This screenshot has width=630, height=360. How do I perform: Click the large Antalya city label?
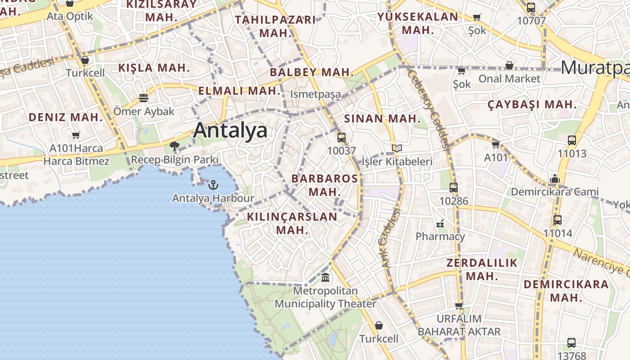230,130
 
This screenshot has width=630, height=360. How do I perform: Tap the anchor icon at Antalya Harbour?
213,184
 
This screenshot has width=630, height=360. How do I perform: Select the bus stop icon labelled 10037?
342,138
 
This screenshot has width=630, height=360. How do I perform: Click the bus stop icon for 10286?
454,188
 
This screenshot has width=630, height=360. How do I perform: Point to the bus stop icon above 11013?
572,140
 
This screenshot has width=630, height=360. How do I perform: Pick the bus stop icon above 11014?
558,220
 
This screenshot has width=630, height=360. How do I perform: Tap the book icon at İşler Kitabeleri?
396,148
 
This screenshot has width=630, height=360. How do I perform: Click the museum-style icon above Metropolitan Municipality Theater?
325,277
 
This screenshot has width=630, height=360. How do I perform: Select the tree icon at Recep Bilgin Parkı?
175,146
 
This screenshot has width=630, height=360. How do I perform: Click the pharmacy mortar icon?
440,223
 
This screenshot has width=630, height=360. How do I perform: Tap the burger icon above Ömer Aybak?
144,98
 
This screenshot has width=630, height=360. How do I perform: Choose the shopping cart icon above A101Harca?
76,135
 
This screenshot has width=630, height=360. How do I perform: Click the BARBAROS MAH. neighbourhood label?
324,184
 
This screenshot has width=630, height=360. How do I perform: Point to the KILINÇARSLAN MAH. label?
292,223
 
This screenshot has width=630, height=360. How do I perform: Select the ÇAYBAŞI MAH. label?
532,105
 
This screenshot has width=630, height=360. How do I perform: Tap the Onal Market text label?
509,79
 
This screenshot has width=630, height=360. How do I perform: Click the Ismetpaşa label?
315,94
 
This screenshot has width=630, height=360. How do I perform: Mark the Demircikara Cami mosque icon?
554,179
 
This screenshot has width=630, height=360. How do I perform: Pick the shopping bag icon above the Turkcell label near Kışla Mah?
85,60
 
